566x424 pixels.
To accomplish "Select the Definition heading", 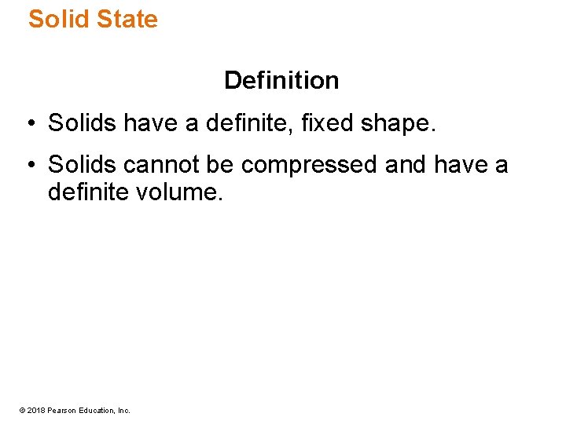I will click(x=281, y=80).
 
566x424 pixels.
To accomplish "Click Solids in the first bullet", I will click(x=83, y=122).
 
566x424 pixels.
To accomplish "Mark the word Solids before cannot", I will click(x=83, y=165).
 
